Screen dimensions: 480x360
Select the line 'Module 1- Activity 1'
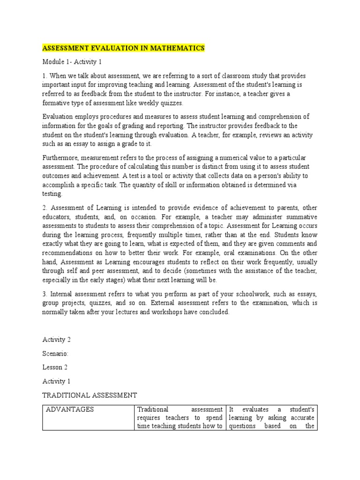pyautogui.click(x=72, y=62)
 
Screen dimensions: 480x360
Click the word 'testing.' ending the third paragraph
pyautogui.click(x=52, y=193)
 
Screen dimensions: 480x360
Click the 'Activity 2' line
pyautogui.click(x=57, y=339)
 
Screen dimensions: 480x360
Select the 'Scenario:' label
pyautogui.click(x=55, y=353)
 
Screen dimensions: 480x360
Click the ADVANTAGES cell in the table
pyautogui.click(x=70, y=409)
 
